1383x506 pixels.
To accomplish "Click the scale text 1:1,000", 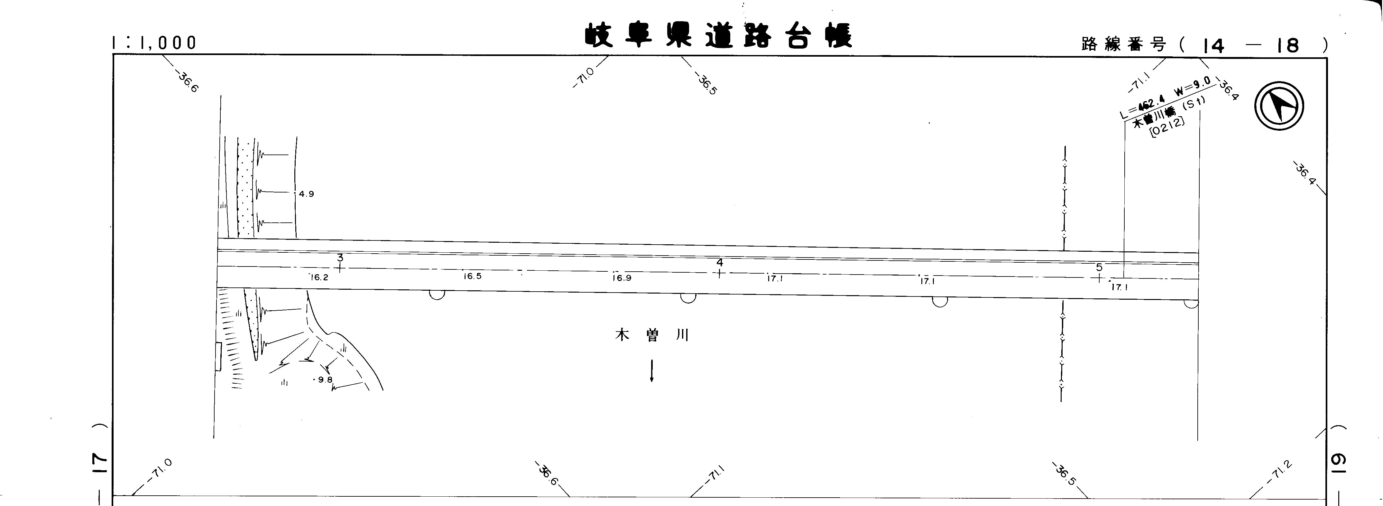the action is tap(154, 43).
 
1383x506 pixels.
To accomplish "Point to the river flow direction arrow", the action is tap(652, 370).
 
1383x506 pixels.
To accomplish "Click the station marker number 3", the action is tap(340, 258).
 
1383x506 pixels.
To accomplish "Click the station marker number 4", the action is tap(719, 263).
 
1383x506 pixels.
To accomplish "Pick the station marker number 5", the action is tap(1099, 267).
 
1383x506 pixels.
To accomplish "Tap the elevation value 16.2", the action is tap(319, 278).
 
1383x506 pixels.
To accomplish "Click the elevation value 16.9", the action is tap(622, 278).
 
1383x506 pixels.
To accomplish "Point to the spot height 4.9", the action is tap(306, 194).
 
